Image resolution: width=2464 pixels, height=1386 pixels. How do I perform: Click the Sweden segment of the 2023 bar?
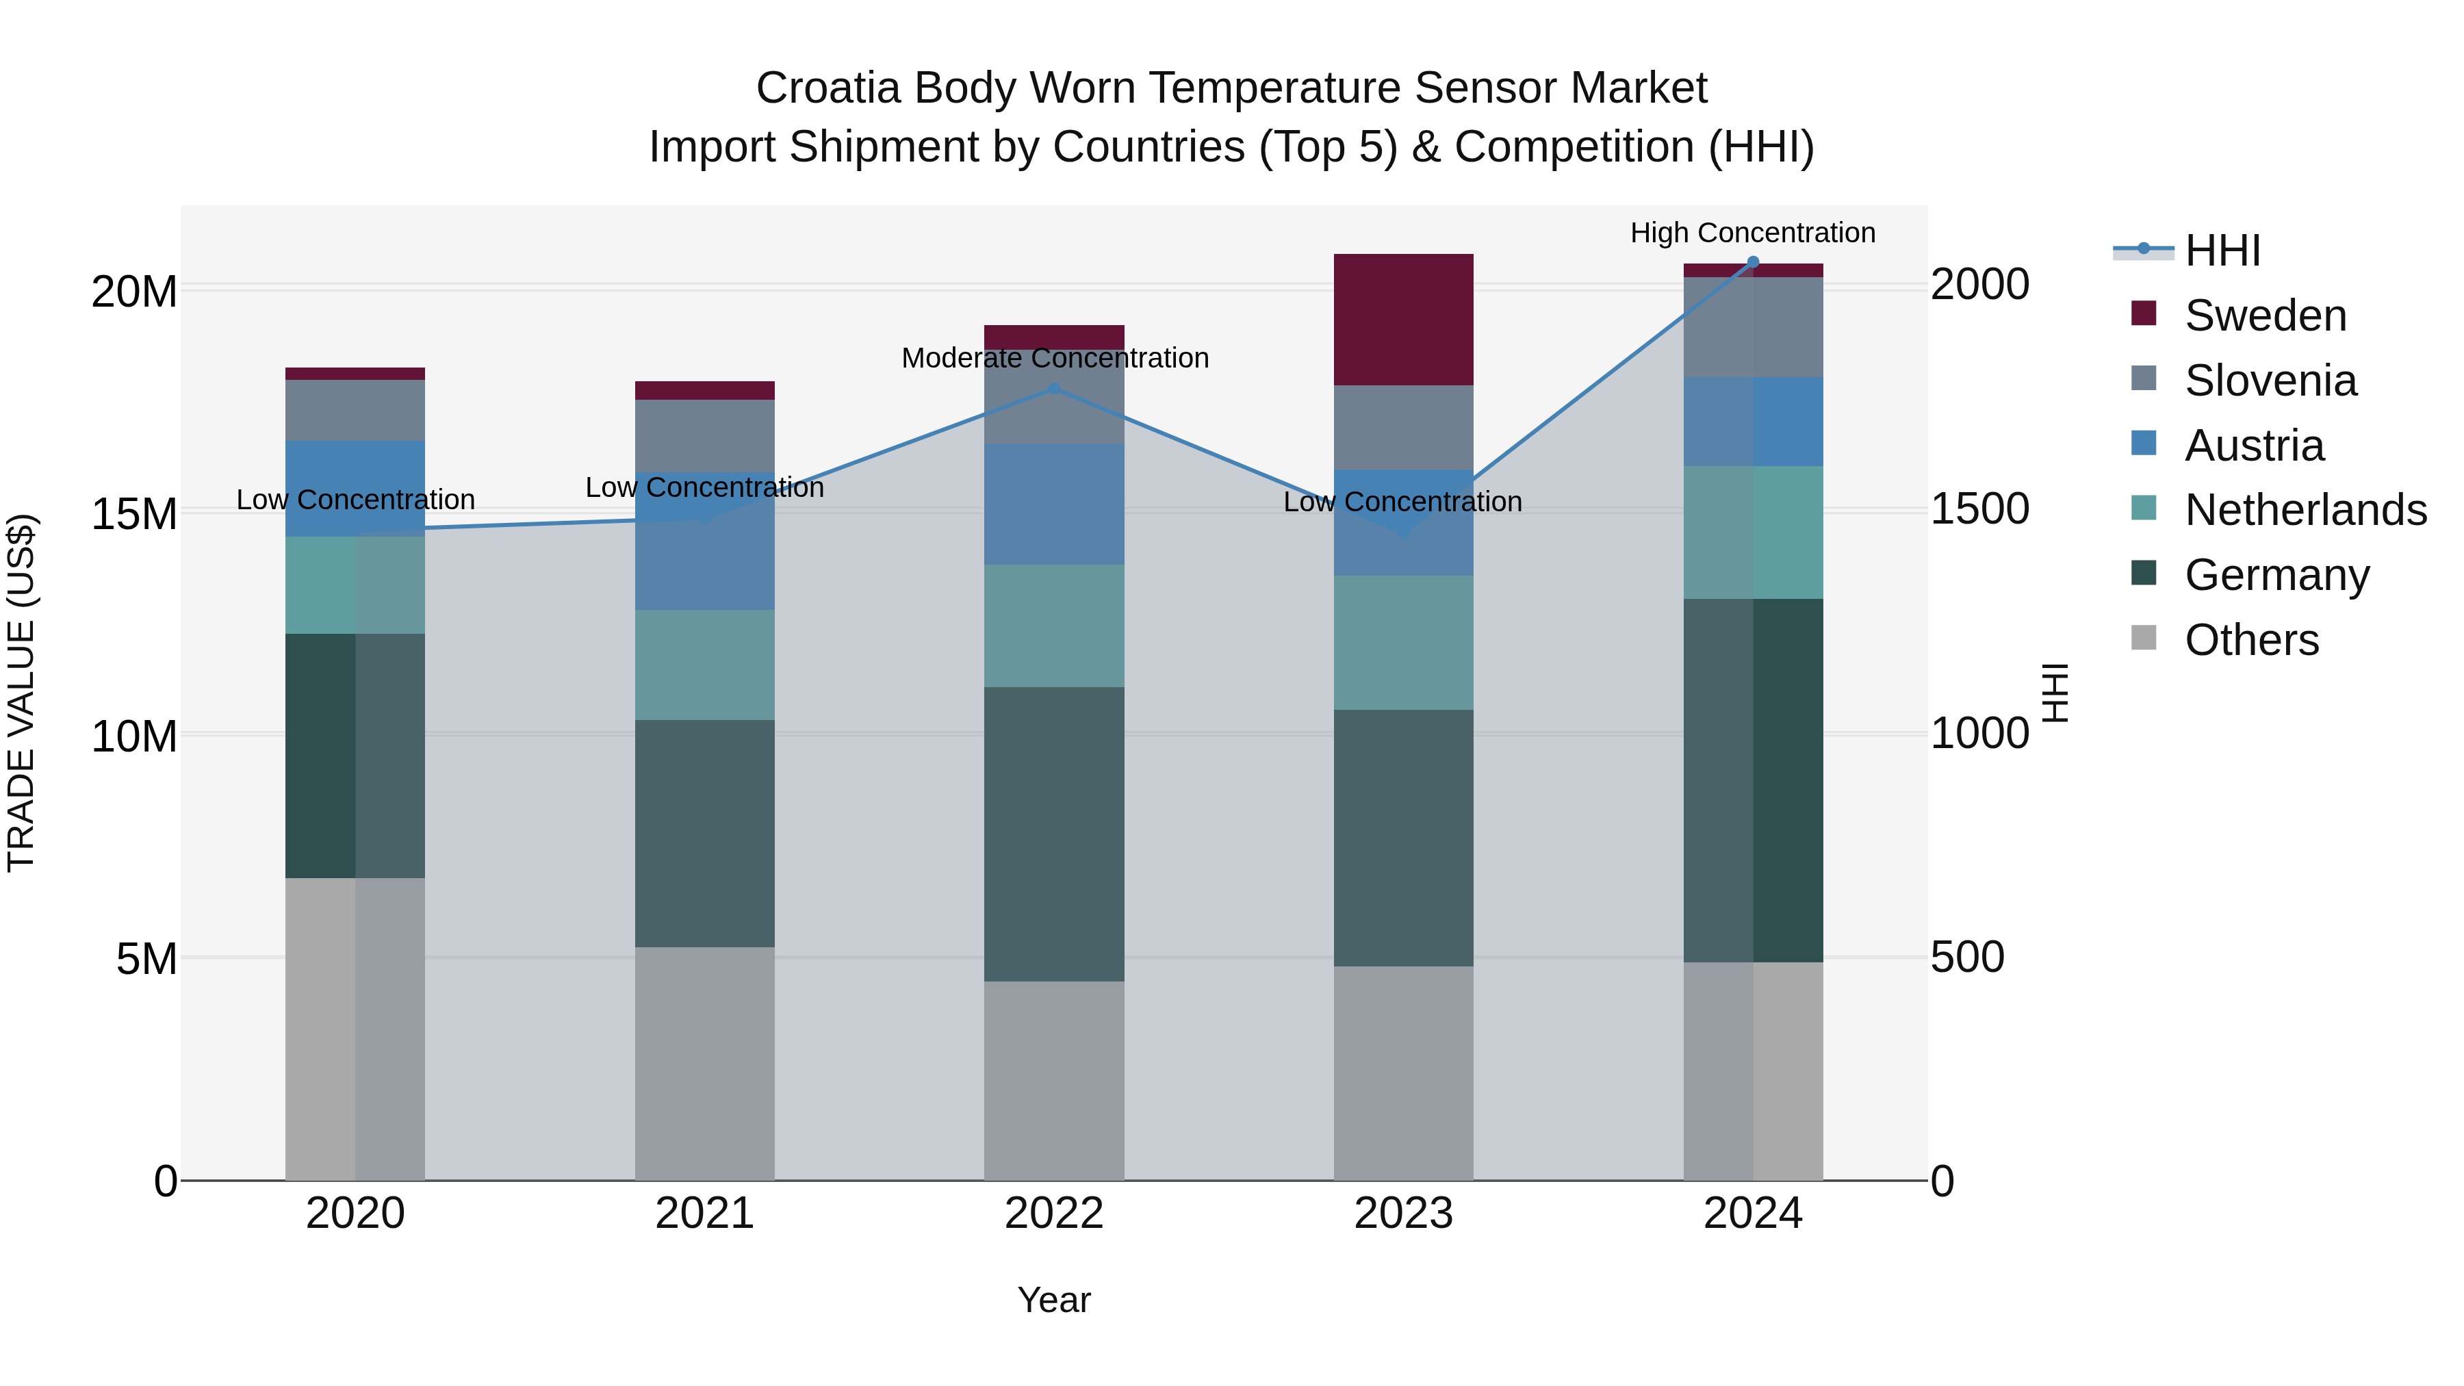1403,320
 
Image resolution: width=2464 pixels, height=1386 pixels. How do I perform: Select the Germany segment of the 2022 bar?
1054,834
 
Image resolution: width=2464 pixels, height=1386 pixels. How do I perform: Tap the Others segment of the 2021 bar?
705,1064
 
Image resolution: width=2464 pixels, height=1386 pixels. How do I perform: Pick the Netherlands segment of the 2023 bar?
1403,643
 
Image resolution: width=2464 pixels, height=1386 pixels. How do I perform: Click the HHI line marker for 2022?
1054,388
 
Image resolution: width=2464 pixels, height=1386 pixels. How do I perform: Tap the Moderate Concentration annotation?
1054,359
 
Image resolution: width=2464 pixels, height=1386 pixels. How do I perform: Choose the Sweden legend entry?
2265,316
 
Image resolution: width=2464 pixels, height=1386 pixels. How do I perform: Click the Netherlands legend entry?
2305,510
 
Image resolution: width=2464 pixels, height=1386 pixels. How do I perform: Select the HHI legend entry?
2222,251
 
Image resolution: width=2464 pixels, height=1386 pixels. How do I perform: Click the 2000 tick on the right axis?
1978,285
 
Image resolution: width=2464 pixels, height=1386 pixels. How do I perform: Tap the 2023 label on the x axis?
1403,1214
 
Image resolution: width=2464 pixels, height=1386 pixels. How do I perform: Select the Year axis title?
1054,1300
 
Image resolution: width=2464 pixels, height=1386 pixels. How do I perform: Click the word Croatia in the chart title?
828,88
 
